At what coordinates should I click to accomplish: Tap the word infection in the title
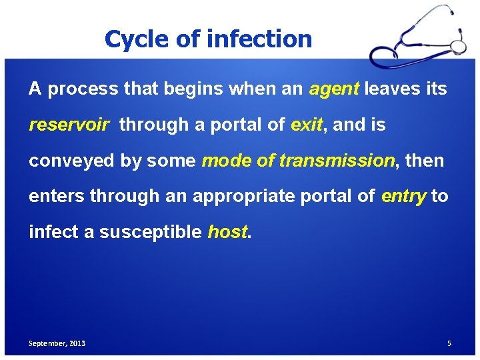[x=259, y=39]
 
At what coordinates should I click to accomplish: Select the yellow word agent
[x=334, y=89]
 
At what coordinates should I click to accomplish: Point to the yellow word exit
[x=307, y=125]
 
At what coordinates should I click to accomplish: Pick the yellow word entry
[x=403, y=196]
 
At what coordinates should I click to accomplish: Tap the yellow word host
[x=227, y=232]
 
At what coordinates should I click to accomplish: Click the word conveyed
[x=69, y=161]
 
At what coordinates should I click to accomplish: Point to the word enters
[x=57, y=196]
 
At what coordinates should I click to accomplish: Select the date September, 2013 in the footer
[x=57, y=343]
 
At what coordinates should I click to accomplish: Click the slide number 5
[x=449, y=343]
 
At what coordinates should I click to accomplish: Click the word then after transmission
[x=424, y=161]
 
